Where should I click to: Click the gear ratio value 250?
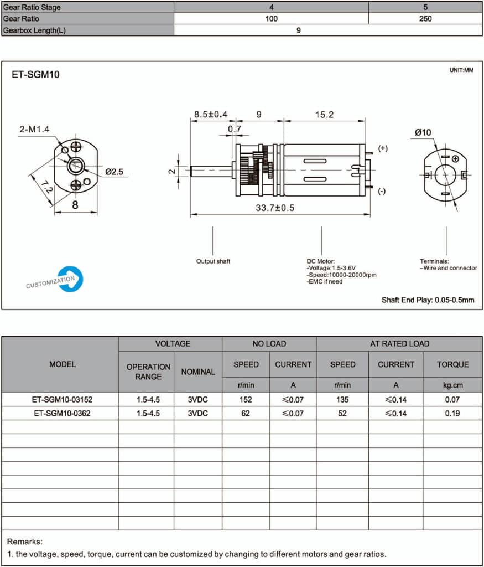(x=425, y=18)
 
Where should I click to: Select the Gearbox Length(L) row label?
(x=34, y=30)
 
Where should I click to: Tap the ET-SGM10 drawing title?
(x=35, y=75)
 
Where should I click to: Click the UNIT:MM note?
(x=461, y=70)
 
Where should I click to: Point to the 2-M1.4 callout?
(x=34, y=129)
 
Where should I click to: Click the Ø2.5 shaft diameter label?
(x=114, y=172)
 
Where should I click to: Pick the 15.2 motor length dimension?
(x=324, y=115)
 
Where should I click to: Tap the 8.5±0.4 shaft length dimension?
(x=211, y=115)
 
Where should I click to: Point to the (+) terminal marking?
(x=382, y=148)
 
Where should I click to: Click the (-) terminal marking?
(x=382, y=191)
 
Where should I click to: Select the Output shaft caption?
(x=213, y=261)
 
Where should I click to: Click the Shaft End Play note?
(x=428, y=300)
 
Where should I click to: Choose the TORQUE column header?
(x=452, y=364)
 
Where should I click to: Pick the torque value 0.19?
(x=452, y=413)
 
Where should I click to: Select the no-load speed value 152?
(x=246, y=399)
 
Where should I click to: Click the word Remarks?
(x=24, y=542)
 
